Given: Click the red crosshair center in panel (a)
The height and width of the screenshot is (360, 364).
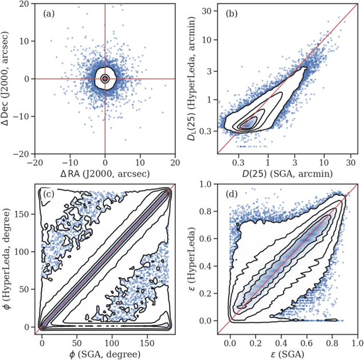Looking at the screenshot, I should click(x=105, y=78).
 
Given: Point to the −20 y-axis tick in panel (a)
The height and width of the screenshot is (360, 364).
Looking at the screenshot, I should click(x=23, y=154).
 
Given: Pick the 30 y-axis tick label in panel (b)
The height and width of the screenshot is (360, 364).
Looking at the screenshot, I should click(x=207, y=11).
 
